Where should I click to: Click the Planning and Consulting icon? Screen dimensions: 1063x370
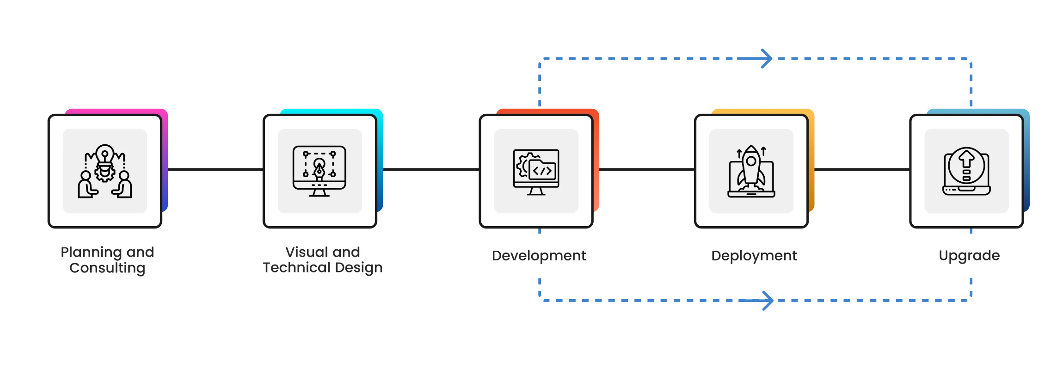[105, 171]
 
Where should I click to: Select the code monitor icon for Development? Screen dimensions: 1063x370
[536, 172]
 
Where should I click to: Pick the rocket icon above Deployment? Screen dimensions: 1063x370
[751, 171]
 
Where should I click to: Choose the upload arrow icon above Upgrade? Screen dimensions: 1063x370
[966, 171]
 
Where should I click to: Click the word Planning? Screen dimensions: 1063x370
[92, 253]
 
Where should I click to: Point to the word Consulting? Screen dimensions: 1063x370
[107, 268]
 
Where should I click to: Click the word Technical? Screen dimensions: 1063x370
[297, 267]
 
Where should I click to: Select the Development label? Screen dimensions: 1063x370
[539, 256]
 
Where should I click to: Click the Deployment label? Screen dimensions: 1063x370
[754, 256]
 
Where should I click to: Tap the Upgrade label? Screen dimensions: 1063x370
[969, 256]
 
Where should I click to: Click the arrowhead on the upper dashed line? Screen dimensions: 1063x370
[767, 59]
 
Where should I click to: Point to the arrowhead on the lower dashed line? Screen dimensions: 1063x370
[768, 301]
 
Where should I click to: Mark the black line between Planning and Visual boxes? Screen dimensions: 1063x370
[215, 170]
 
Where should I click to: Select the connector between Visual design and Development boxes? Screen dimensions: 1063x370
[431, 170]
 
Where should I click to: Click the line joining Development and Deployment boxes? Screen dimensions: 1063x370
[647, 170]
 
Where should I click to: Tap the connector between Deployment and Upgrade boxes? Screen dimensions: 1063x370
[862, 170]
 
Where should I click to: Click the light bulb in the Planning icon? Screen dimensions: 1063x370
[105, 154]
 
